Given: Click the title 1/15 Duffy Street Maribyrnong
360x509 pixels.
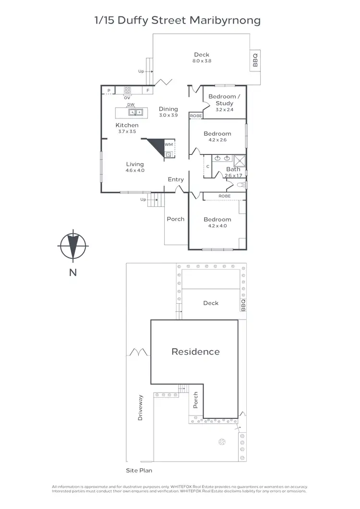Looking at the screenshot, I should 178,21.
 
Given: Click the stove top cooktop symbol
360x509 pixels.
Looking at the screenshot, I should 128,89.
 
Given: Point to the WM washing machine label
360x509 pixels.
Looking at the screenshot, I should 168,144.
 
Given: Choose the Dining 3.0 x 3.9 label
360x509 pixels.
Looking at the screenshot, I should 168,112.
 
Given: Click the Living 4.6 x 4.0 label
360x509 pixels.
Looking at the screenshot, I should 135,167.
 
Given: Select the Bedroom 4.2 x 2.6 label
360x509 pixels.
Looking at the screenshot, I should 217,137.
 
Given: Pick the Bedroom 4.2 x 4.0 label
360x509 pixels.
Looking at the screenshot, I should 217,223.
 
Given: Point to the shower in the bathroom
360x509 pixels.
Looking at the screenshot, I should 240,160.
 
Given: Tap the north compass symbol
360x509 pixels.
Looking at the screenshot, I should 72,246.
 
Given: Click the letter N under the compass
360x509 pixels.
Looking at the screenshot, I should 72,273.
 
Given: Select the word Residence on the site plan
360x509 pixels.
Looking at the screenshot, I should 195,352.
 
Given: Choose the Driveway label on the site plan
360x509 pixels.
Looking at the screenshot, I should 141,408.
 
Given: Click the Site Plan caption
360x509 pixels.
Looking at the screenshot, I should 139,471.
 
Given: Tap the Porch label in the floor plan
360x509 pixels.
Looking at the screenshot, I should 175,219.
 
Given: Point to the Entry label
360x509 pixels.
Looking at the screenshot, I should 176,179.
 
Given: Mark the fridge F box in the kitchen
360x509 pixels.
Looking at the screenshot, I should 148,90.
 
